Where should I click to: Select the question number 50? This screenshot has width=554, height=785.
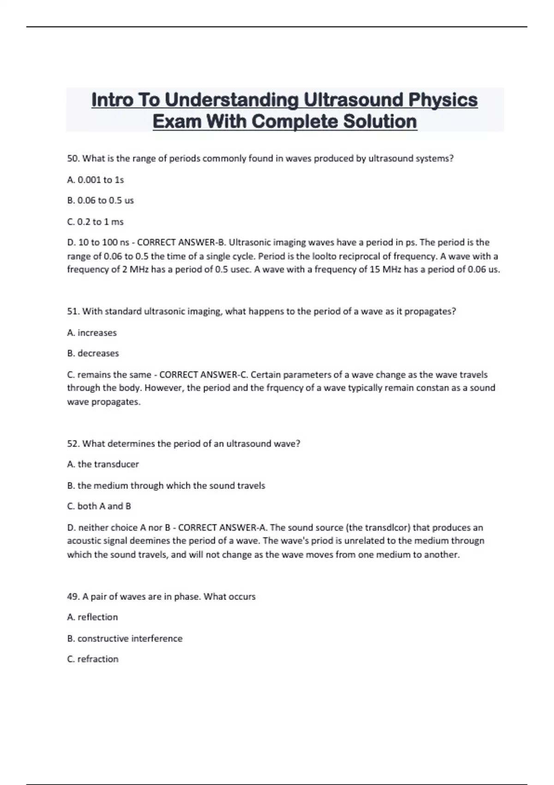73,158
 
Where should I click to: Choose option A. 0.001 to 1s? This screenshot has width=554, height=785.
96,180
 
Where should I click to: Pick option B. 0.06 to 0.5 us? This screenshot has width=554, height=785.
100,200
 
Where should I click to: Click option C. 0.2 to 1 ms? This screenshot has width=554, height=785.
95,222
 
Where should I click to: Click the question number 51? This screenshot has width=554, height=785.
73,311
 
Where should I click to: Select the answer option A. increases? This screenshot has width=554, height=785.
92,332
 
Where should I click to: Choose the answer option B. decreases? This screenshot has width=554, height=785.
93,353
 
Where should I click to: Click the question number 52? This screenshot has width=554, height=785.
73,444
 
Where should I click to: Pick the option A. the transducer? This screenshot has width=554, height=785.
103,464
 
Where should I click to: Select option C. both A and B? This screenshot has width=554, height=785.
99,506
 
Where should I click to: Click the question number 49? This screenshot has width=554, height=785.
73,597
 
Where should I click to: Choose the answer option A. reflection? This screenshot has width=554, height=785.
92,617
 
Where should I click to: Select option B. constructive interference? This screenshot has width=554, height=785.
125,638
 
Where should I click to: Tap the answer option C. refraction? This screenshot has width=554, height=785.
93,659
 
